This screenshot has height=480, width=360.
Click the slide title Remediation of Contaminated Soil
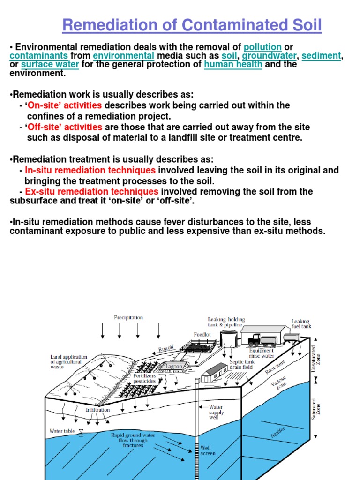tap(192, 25)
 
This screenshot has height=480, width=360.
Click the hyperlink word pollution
tap(262, 47)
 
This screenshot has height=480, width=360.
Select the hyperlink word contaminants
tap(39, 56)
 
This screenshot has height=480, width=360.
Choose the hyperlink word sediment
tap(321, 56)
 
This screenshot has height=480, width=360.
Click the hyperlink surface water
tap(50, 65)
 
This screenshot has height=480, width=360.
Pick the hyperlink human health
tap(233, 65)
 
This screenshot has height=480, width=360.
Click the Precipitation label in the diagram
tap(128, 317)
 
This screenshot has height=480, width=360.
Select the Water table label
tap(62, 431)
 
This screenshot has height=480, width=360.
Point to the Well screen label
tap(208, 450)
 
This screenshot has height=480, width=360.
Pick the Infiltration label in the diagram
tap(97, 409)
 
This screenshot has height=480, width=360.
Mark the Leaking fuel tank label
tap(301, 323)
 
